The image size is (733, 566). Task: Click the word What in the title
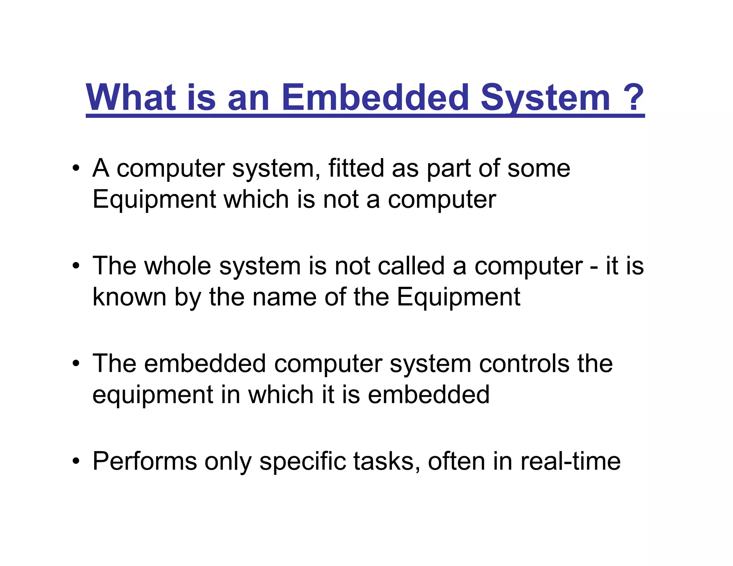click(x=131, y=97)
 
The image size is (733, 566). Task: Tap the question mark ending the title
click(x=633, y=97)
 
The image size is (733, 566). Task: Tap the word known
click(x=129, y=297)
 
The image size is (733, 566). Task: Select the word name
click(x=285, y=297)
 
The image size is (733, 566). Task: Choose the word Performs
click(x=145, y=461)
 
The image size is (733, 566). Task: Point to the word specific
click(x=302, y=461)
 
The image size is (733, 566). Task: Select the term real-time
click(x=571, y=461)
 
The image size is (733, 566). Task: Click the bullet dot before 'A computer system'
click(x=76, y=168)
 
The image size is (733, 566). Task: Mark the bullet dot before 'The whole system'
click(x=76, y=266)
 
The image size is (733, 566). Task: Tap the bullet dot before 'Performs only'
click(x=76, y=462)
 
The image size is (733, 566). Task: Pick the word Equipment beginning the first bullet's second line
click(x=154, y=200)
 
